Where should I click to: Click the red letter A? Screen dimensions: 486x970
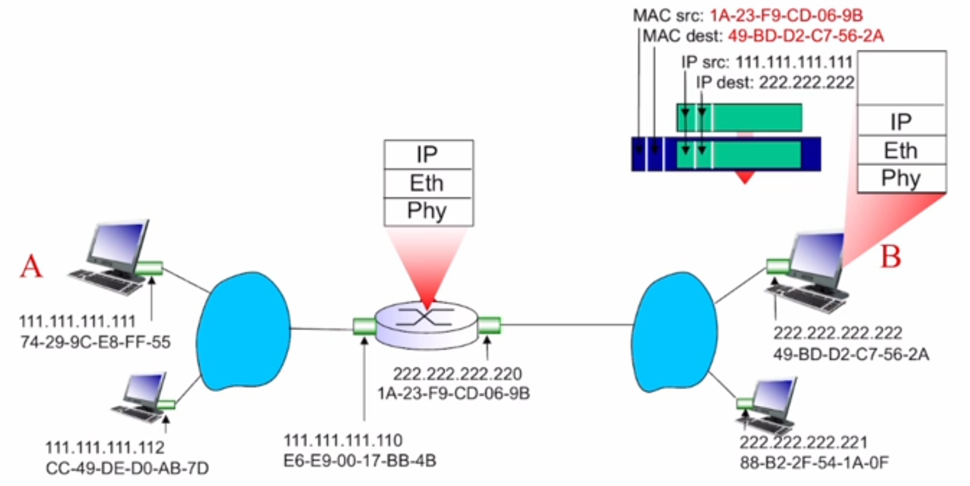click(x=32, y=266)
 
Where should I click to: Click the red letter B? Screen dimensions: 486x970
click(x=890, y=257)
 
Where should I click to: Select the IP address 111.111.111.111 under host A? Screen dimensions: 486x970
click(x=77, y=321)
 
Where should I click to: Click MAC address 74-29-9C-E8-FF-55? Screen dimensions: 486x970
click(x=96, y=341)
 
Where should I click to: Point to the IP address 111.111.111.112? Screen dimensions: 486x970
click(x=105, y=448)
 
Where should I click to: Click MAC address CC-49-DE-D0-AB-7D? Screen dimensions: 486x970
click(x=127, y=468)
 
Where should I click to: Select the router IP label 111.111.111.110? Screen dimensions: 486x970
click(x=343, y=440)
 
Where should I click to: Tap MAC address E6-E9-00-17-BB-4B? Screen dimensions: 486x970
click(x=359, y=461)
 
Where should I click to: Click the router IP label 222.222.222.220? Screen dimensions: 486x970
click(x=457, y=373)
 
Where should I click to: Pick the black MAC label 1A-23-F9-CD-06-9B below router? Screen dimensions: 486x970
click(x=453, y=393)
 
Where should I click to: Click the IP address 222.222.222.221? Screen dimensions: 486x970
click(x=803, y=442)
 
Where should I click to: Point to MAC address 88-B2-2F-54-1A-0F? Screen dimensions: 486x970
click(x=814, y=463)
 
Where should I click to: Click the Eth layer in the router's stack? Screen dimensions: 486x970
click(x=428, y=183)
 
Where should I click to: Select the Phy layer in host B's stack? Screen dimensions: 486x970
click(x=901, y=179)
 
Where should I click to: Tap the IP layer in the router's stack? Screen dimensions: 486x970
click(x=428, y=155)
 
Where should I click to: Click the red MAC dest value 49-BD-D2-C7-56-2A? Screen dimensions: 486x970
click(x=806, y=36)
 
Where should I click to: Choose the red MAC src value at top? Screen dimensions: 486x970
click(x=786, y=15)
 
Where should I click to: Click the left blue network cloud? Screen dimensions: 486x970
click(x=243, y=331)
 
